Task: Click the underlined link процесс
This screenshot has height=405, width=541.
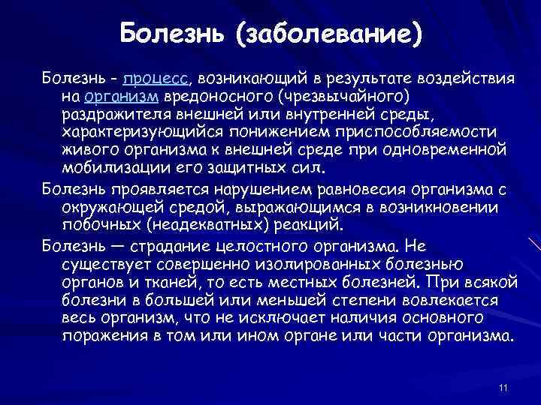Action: click(155, 79)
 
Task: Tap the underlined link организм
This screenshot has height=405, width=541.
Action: click(121, 97)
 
